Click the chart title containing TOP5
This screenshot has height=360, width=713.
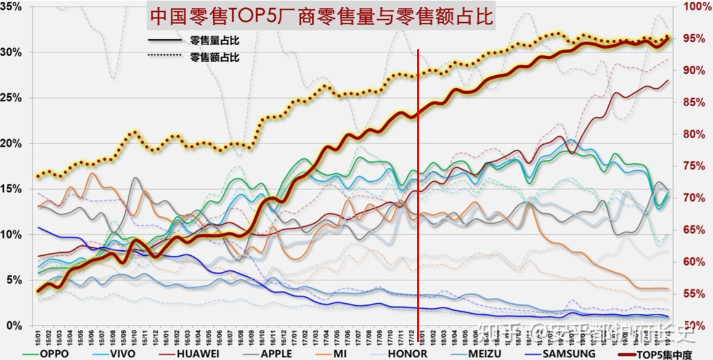(x=320, y=17)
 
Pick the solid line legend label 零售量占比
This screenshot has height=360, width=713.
(x=214, y=41)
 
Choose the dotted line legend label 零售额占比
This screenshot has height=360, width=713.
(x=214, y=57)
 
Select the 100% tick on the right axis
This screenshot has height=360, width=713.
(x=697, y=7)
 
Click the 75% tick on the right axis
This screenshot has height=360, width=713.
(x=697, y=166)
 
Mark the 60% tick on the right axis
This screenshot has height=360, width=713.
(x=697, y=262)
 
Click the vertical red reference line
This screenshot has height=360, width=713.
(x=418, y=185)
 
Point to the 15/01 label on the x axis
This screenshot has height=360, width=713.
(x=38, y=337)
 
